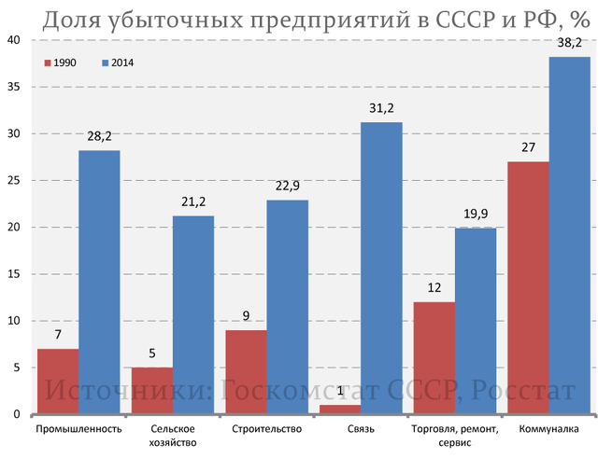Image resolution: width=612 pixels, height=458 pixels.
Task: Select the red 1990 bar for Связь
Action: (340, 409)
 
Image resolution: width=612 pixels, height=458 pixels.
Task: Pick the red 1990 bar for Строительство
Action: (246, 371)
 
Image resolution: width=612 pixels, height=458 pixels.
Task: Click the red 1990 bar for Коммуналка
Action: (528, 287)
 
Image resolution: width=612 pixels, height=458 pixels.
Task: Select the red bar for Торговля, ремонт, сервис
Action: (434, 357)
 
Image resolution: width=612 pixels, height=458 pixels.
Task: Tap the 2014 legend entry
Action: (118, 62)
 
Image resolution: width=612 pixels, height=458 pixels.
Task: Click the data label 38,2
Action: (569, 42)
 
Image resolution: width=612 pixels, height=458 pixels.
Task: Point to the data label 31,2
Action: (381, 107)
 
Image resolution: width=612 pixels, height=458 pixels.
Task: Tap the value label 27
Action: (528, 146)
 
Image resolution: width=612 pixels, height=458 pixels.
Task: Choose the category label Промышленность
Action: (78, 430)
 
